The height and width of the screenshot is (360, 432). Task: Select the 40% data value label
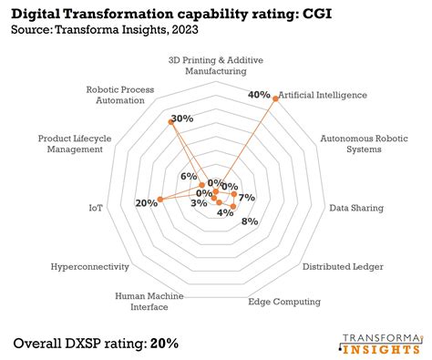(x=259, y=95)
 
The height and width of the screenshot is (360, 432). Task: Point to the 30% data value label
(x=182, y=118)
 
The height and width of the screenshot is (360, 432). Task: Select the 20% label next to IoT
(x=146, y=203)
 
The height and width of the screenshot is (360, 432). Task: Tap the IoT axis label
(x=97, y=208)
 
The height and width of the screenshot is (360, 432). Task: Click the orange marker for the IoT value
(x=160, y=199)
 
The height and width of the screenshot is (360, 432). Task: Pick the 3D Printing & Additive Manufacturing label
(x=216, y=65)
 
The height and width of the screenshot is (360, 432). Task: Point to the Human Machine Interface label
(x=149, y=302)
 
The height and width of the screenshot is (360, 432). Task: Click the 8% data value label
(x=250, y=221)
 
